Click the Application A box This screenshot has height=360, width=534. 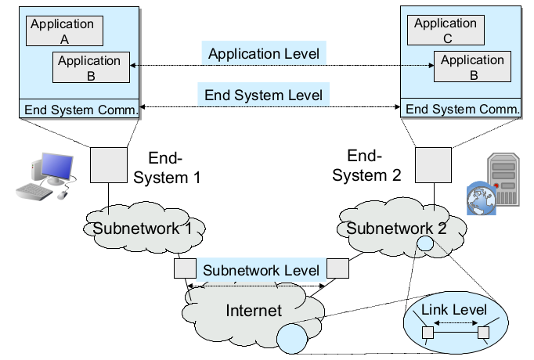62,31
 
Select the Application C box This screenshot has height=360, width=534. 446,30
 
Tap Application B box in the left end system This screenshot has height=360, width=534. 89,67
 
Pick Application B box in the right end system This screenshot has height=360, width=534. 473,67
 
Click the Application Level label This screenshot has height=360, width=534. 264,54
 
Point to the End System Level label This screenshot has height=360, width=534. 263,95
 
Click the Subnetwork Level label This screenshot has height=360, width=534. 261,270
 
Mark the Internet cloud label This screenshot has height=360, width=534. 253,311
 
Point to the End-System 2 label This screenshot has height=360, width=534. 366,166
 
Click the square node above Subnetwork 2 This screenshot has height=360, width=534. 431,164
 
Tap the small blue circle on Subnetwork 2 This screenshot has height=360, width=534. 424,243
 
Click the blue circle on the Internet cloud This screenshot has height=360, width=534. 292,339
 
